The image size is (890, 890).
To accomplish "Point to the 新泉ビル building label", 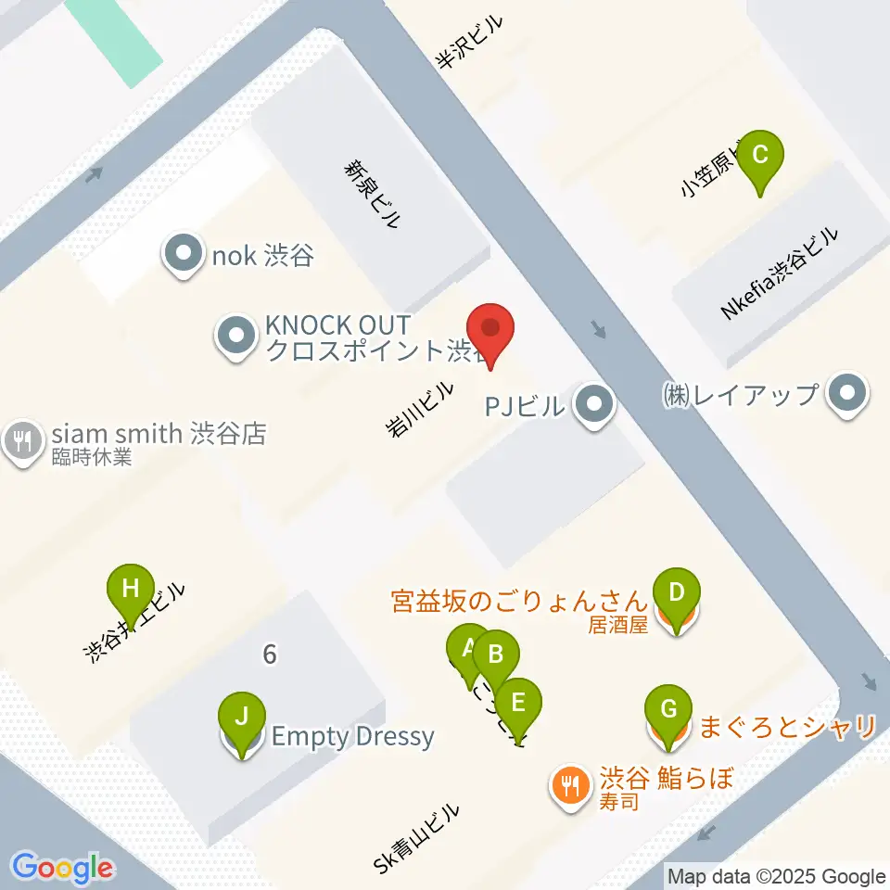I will click(372, 194).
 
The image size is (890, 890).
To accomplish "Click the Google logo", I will click(63, 868).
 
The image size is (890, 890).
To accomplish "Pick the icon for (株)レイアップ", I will click(846, 395).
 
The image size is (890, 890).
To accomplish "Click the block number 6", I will click(269, 655).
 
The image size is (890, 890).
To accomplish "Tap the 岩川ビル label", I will click(422, 409).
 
